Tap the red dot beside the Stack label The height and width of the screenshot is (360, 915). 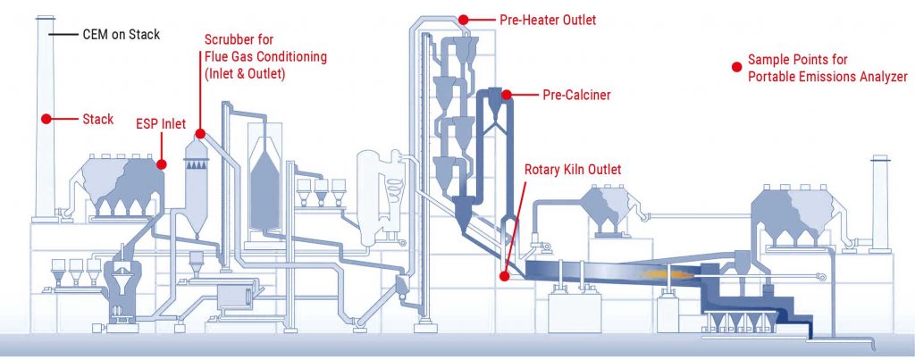[43, 118]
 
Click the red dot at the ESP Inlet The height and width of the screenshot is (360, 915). [163, 163]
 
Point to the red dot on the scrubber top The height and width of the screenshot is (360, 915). [200, 134]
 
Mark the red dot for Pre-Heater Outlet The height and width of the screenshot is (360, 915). [464, 19]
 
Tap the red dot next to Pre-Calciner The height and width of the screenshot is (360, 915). [506, 94]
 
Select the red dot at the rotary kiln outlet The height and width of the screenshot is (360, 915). [504, 276]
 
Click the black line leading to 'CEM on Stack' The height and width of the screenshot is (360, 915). [63, 35]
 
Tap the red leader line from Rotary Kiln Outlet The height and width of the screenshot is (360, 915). [514, 223]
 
